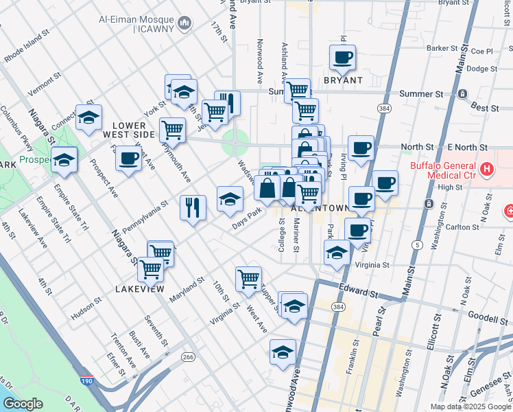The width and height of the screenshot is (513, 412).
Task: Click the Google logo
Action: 23,403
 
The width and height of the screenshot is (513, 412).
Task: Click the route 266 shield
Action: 188,357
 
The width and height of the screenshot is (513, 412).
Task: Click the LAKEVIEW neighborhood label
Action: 140,289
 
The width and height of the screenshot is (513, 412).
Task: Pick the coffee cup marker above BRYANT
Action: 343,58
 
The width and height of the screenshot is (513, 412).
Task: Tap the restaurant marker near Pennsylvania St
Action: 193,207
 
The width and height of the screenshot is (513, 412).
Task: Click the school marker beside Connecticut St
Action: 88,118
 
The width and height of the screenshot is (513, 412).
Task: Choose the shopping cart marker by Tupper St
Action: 248,279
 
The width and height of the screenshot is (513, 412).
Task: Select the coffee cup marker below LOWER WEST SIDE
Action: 128,159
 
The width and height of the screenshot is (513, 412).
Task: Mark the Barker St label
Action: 441,48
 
